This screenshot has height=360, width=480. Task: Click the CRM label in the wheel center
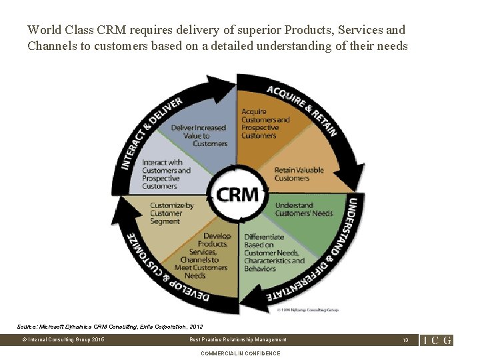point(237,194)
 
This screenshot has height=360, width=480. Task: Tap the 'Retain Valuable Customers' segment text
point(298,174)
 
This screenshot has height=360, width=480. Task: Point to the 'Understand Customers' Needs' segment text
point(303,209)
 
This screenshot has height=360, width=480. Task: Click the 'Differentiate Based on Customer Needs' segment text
point(274,253)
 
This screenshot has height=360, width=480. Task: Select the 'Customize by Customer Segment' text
point(171,213)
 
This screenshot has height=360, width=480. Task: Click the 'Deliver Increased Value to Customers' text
point(199,135)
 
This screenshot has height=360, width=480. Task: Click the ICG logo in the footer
point(437,340)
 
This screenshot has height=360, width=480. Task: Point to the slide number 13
point(405,340)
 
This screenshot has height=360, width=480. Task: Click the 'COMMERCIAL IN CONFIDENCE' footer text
point(240,353)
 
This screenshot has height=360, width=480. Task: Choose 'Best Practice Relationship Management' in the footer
point(238,340)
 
